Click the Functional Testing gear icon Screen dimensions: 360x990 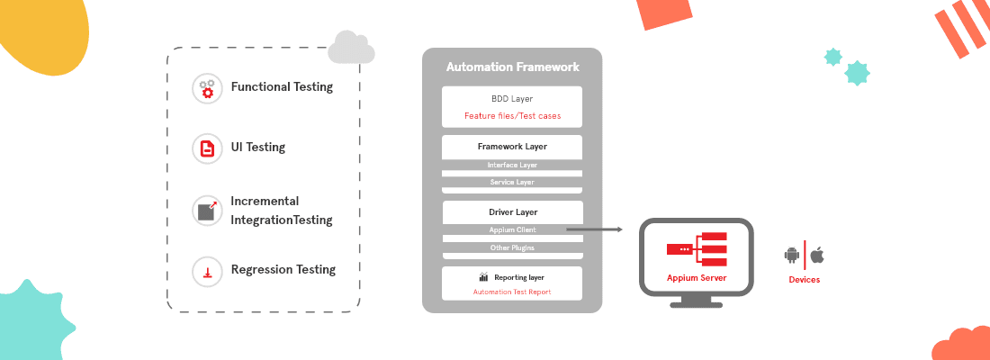207,88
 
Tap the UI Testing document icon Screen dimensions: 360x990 207,148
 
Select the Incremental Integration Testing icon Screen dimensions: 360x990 207,211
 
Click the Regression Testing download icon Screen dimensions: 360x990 207,270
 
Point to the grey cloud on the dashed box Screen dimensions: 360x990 350,48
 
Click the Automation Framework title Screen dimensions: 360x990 512,67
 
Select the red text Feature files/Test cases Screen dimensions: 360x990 512,116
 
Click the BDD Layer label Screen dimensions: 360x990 512,98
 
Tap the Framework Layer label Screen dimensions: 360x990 512,146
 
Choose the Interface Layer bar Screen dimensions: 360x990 512,166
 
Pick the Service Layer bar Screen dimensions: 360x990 512,182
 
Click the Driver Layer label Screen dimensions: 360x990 512,212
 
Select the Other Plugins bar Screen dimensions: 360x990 512,247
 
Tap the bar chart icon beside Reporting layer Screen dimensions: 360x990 483,277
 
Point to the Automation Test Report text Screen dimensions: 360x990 512,292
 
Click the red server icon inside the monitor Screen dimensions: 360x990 696,248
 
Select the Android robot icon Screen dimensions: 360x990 792,256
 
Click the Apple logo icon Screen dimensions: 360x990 817,256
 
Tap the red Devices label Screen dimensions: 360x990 804,280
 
